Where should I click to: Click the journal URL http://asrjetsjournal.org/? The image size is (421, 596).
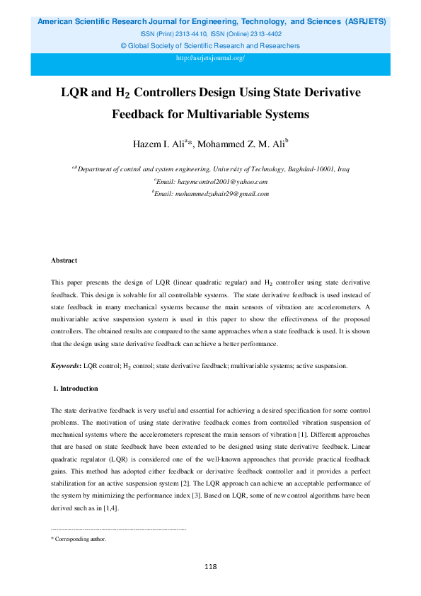pos(210,58)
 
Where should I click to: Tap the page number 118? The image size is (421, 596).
pos(210,567)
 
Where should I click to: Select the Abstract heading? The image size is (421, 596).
pos(64,261)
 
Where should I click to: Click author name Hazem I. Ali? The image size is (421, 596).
pos(159,145)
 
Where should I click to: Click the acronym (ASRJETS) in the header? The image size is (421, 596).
pos(365,22)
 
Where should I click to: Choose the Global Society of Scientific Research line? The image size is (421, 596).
pos(210,45)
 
